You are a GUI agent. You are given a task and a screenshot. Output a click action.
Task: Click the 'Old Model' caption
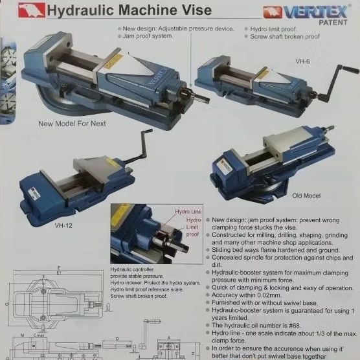[306, 195]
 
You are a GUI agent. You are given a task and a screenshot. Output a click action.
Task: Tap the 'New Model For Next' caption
[71, 123]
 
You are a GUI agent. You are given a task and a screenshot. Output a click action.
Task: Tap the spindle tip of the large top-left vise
[205, 98]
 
